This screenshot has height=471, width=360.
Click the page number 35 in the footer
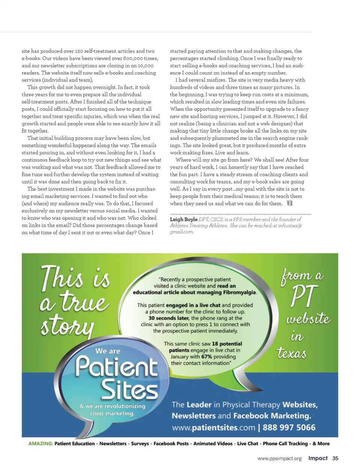[x=335, y=458]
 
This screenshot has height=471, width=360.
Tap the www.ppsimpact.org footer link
[x=279, y=459]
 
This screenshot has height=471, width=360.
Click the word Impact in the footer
[x=318, y=458]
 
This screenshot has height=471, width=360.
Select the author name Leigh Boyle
[x=184, y=219]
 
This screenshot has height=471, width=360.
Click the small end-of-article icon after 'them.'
[x=289, y=203]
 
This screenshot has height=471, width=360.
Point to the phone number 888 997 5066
[x=289, y=428]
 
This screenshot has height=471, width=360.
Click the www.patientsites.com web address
[x=213, y=428]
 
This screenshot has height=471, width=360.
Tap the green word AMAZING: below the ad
[x=40, y=444]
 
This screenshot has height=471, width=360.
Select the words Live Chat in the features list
[x=247, y=444]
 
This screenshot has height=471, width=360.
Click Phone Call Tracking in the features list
[x=285, y=444]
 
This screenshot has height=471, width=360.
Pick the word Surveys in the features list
[x=140, y=444]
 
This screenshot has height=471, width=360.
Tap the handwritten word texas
[x=291, y=353]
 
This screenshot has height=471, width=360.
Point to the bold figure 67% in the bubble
[x=207, y=357]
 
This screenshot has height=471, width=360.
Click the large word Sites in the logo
[x=129, y=390]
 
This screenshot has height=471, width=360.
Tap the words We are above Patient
[x=108, y=351]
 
